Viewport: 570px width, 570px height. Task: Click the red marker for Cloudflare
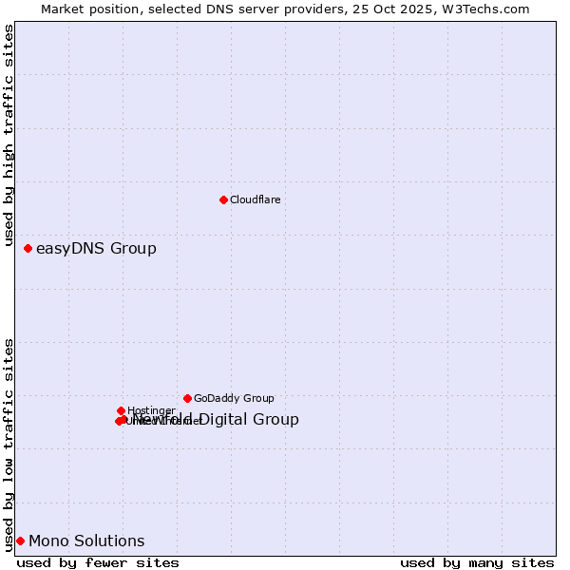coord(223,199)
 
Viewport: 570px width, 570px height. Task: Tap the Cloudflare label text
coord(255,200)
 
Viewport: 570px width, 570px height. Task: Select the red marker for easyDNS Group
coord(28,248)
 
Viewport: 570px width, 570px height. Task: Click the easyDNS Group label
coord(96,249)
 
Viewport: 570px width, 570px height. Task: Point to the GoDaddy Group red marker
coord(187,398)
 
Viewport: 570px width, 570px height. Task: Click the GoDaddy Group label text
coord(234,399)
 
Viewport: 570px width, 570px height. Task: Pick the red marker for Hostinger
coord(121,410)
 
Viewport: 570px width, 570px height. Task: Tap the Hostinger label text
coord(151,411)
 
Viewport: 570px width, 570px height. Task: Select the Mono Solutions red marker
coord(20,541)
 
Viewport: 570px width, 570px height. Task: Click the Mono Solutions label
coord(86,541)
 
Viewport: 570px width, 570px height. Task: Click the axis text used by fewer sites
coord(98,562)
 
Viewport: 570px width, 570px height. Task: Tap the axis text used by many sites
coord(477,562)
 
